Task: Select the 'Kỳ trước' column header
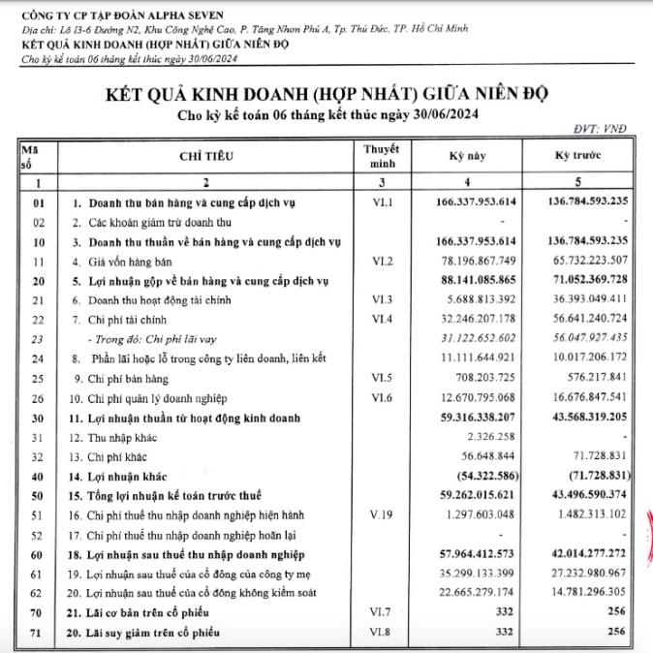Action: tap(572, 156)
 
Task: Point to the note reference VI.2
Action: tap(382, 261)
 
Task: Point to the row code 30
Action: tap(39, 418)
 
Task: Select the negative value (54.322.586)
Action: tap(484, 477)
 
